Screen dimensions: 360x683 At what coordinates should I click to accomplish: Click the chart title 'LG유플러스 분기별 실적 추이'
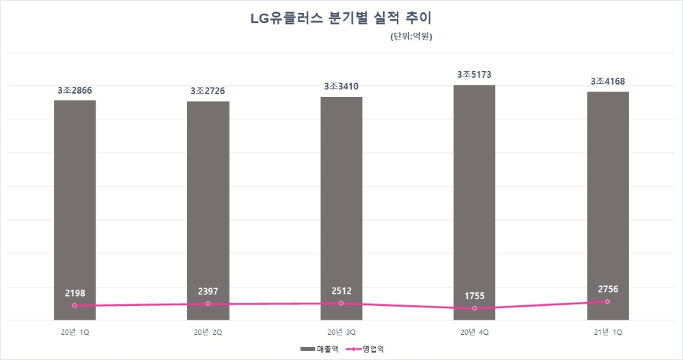[341, 18]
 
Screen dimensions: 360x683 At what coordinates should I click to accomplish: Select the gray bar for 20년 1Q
[75, 205]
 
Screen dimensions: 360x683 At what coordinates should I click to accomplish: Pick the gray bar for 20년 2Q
[208, 205]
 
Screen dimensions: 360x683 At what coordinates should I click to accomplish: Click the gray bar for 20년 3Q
[341, 205]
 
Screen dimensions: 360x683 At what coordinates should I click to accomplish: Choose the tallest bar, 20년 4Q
[475, 198]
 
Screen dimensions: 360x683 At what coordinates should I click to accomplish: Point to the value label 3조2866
[75, 90]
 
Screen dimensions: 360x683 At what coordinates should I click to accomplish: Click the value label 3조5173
[475, 74]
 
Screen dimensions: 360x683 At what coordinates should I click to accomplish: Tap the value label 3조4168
[608, 82]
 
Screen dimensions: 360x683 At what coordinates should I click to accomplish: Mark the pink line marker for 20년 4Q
[475, 309]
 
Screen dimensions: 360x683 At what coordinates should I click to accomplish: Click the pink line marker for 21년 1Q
[608, 301]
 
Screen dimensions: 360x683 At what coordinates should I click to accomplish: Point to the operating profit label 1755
[475, 296]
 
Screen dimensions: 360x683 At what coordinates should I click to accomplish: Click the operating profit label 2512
[341, 291]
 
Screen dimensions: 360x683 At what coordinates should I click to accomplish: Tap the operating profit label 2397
[208, 292]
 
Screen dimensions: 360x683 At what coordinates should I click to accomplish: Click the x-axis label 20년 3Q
[341, 332]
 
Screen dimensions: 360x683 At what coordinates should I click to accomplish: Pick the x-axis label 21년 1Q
[608, 332]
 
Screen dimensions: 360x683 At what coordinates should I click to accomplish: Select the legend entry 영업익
[369, 349]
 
